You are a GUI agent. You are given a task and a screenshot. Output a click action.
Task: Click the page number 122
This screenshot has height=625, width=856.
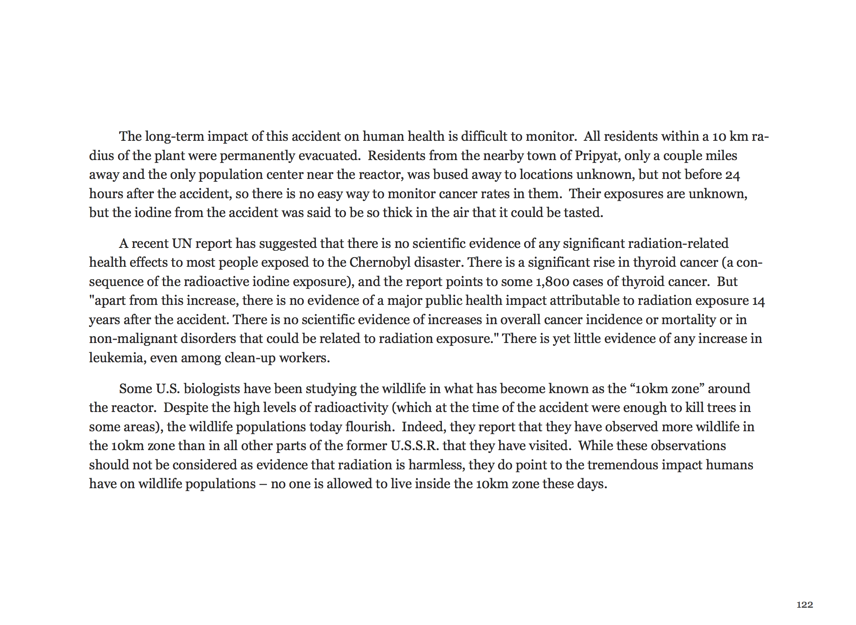click(805, 605)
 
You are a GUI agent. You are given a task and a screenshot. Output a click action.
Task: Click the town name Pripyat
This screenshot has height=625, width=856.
click(597, 156)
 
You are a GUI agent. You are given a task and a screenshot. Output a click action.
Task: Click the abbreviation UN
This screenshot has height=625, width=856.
click(182, 244)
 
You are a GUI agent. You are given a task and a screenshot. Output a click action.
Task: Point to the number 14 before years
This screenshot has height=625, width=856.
click(758, 301)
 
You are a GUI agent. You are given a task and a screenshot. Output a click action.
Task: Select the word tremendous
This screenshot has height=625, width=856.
click(622, 465)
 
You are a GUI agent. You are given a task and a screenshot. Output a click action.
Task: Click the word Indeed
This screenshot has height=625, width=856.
click(424, 426)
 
